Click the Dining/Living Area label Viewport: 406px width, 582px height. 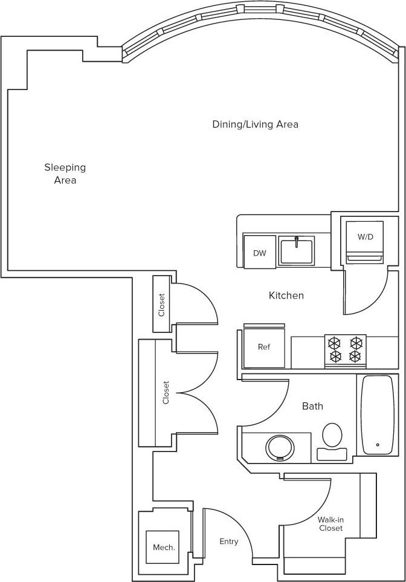pos(255,124)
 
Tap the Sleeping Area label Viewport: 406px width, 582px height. pos(65,173)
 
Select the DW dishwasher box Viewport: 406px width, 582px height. pos(259,253)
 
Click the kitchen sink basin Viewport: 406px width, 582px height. pos(296,251)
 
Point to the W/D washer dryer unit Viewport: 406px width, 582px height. pos(364,237)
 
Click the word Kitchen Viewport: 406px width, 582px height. pos(286,296)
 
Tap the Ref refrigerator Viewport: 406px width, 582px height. pos(263,348)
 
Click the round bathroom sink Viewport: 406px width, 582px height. pos(280,448)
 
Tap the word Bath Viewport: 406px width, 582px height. pos(312,406)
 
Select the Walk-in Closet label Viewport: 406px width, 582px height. pos(330,523)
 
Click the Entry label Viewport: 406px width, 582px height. pos(228,542)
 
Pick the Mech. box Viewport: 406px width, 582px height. pos(164,548)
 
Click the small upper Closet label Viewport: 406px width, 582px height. pos(161,305)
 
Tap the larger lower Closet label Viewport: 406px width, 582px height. pos(166,392)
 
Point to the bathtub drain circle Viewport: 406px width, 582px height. pos(378,445)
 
